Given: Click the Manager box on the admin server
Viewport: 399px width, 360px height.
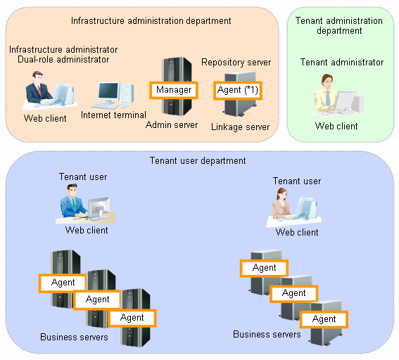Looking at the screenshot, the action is coord(174,90).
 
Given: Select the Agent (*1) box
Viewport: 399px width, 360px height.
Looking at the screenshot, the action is coord(238,90).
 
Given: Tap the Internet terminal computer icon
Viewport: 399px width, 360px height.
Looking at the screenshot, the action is coord(113,95).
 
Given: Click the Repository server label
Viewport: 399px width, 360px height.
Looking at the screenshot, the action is coord(236,63).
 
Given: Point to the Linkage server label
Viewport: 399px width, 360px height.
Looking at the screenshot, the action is coord(240,127).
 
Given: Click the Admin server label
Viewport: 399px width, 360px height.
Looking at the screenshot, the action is coord(172,125).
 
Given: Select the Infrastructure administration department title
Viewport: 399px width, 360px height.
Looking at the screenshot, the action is coord(151,21).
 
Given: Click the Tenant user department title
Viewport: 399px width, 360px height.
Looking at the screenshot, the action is coord(198,161).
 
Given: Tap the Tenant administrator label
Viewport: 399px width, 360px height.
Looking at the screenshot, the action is coord(342,63).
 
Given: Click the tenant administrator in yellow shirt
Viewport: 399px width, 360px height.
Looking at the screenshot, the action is coord(336,94).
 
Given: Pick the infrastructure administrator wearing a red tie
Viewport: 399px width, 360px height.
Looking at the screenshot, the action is coord(50,91).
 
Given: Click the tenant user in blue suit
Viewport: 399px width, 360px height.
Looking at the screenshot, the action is coord(85,204).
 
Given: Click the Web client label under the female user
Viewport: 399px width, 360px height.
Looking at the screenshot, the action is coord(297,232).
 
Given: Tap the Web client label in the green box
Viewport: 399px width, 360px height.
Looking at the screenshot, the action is coord(336,126).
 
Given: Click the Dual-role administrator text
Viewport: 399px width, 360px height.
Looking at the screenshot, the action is coord(63,60).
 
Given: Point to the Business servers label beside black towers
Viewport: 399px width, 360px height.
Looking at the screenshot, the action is coord(74,337).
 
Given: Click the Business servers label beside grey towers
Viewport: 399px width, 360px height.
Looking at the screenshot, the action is coord(267,334).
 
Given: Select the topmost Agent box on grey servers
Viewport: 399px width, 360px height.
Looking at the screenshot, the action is coord(264,268).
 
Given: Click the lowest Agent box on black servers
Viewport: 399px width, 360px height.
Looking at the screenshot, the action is coord(132,318).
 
